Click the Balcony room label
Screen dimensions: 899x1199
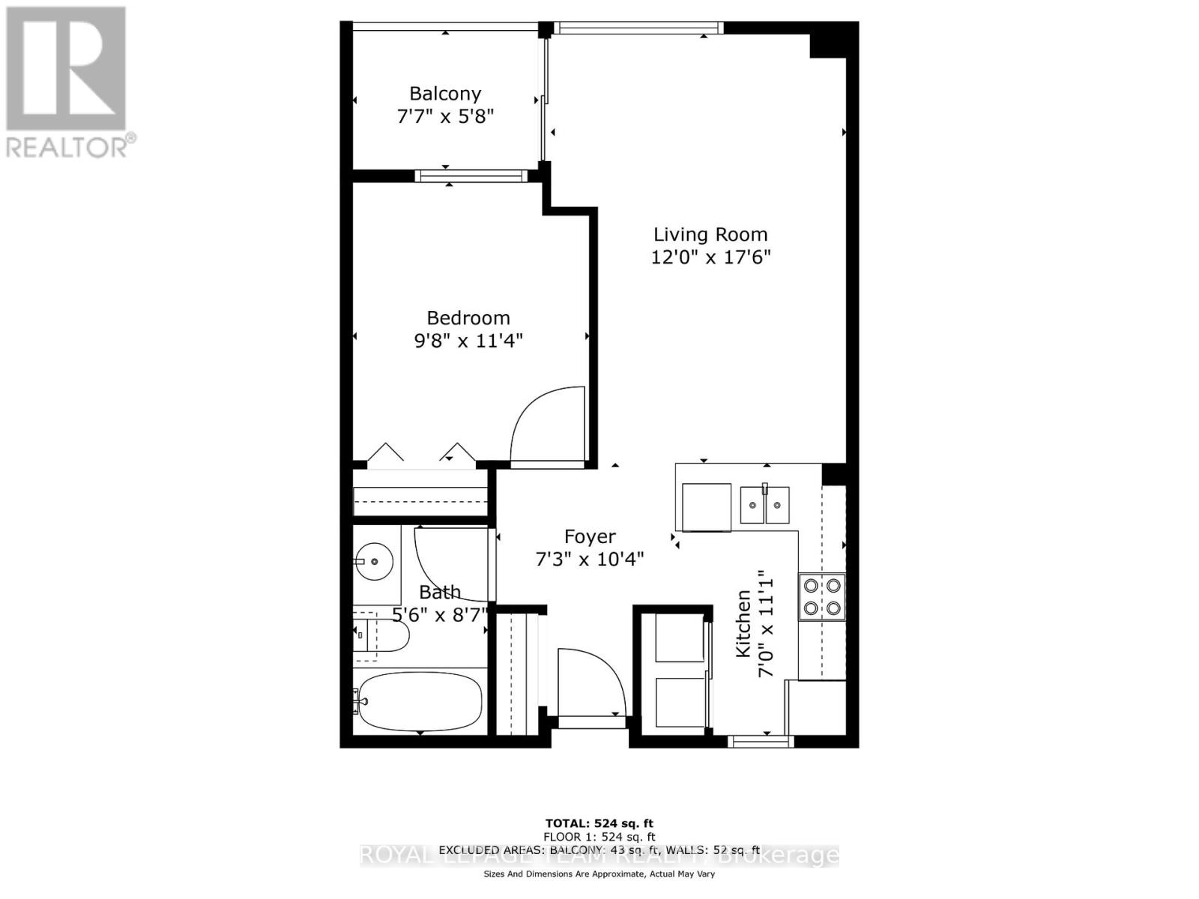[x=445, y=94]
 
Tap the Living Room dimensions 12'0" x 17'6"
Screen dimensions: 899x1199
[x=710, y=258]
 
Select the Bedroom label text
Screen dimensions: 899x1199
[x=468, y=318]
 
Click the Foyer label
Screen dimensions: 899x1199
[x=590, y=536]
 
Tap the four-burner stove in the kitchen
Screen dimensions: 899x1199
[x=822, y=596]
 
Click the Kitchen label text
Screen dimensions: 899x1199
[x=743, y=624]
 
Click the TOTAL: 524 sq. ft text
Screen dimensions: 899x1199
[x=599, y=824]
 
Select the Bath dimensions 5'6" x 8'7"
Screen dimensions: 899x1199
[x=439, y=615]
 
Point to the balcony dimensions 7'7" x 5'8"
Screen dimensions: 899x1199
[x=445, y=117]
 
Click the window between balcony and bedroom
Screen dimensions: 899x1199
[x=471, y=176]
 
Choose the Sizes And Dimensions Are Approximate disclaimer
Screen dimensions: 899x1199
[x=599, y=874]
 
